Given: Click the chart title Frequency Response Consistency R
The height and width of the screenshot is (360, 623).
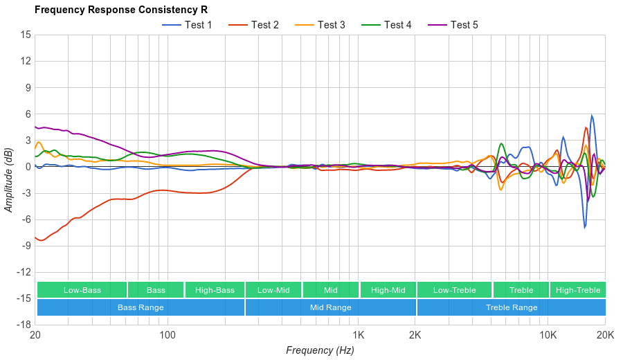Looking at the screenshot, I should (x=120, y=10).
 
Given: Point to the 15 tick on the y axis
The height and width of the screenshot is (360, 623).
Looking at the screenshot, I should (x=26, y=35).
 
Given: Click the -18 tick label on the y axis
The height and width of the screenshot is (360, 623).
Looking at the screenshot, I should (x=24, y=324).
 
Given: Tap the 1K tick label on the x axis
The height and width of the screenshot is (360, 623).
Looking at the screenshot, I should (x=358, y=334).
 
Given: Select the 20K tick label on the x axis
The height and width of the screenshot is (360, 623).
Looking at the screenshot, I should (x=605, y=334).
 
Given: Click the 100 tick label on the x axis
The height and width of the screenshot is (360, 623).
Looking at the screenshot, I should (x=168, y=334).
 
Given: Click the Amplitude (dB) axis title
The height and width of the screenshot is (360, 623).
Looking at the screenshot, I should (x=9, y=179).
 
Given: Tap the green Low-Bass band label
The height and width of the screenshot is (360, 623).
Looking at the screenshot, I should (x=82, y=290).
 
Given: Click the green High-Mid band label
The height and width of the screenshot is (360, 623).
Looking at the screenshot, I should (x=388, y=290).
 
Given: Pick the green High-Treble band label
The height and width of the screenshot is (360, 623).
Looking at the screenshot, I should (x=578, y=290).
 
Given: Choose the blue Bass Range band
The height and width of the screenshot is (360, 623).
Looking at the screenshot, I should (x=141, y=307).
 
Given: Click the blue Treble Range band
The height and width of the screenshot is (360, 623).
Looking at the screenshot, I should (x=512, y=307).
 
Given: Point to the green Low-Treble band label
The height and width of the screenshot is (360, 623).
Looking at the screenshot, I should (x=454, y=290).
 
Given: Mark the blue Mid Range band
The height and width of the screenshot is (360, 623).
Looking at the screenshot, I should (x=331, y=307).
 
